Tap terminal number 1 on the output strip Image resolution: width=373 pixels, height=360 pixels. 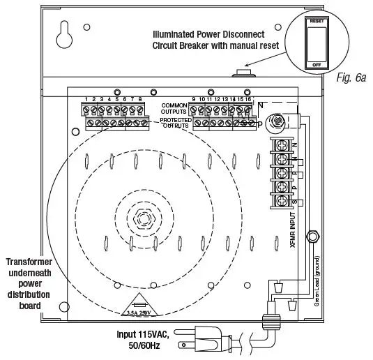pyautogui.click(x=86, y=100)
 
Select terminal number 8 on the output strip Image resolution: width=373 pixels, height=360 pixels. pyautogui.click(x=140, y=100)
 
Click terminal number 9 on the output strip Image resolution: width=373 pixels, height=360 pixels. pyautogui.click(x=193, y=100)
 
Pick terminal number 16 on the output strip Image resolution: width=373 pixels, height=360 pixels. pyautogui.click(x=249, y=100)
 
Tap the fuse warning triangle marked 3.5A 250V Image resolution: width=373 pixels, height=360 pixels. pyautogui.click(x=142, y=307)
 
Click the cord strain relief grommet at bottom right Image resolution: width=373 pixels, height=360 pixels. pyautogui.click(x=268, y=323)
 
